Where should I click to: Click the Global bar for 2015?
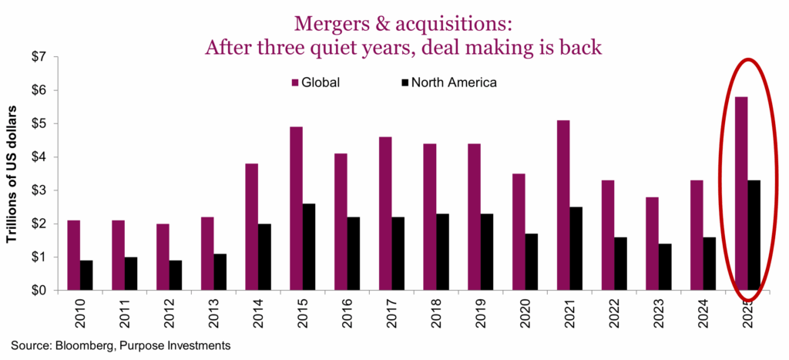click(297, 208)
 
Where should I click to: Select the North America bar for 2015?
click(310, 247)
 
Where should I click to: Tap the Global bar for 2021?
click(564, 205)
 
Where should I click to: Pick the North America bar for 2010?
click(87, 275)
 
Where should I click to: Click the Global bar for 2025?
click(742, 193)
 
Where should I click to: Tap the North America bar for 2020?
click(532, 262)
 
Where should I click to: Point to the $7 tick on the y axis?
click(39, 56)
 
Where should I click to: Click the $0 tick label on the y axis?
click(39, 291)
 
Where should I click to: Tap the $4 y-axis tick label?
click(39, 156)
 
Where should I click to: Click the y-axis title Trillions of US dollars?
click(14, 173)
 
